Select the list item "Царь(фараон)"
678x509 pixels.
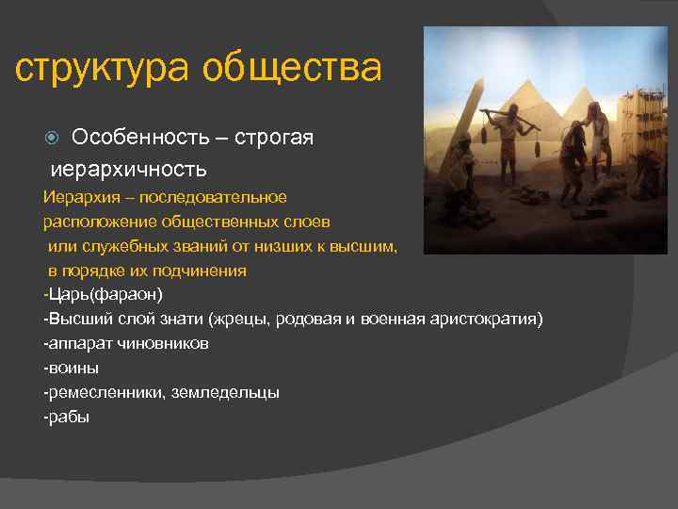[x=105, y=295]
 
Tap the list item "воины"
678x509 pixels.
[x=73, y=369]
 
